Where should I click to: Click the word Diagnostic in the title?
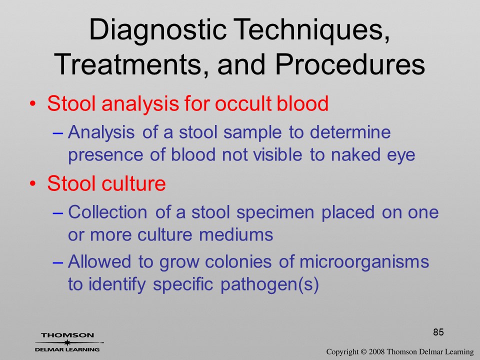click(157, 30)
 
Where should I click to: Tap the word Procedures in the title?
click(350, 64)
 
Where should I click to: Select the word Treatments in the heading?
click(128, 65)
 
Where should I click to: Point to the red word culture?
click(133, 183)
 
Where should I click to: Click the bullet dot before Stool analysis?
click(32, 104)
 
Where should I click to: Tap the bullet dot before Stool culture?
click(32, 184)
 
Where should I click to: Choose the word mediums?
click(235, 235)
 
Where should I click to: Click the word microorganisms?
click(364, 262)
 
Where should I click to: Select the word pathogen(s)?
click(269, 284)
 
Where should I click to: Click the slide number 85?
click(438, 332)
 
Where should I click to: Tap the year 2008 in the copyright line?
click(377, 351)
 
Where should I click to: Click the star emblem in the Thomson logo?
click(67, 342)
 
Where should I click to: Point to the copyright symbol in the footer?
click(363, 351)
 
